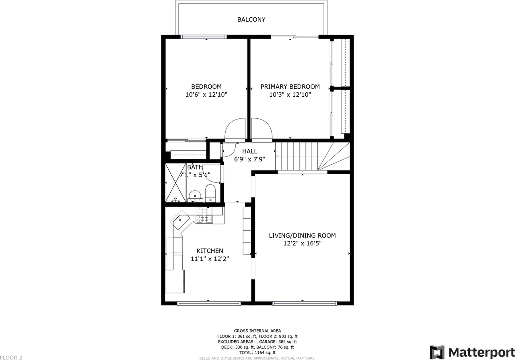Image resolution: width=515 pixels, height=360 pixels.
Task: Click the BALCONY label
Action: point(251,20)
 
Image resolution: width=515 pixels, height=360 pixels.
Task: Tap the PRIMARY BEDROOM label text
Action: point(290,87)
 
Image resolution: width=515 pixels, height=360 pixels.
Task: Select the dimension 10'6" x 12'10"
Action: point(206,95)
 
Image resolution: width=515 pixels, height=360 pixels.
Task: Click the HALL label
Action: point(250,151)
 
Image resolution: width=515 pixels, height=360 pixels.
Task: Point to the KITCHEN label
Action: point(210,250)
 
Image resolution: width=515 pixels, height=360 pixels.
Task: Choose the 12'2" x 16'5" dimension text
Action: point(302,243)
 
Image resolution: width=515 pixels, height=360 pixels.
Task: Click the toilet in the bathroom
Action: point(210,193)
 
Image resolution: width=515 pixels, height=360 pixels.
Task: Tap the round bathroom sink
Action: point(195,196)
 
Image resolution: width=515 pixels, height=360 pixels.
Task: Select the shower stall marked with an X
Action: point(176,183)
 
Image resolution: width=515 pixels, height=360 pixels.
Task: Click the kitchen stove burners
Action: point(204,215)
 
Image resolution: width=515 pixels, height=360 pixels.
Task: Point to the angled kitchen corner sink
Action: point(180,220)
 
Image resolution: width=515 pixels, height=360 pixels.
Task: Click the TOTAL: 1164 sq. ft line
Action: point(257,352)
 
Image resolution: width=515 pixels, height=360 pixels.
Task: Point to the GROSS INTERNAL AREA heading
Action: point(257,331)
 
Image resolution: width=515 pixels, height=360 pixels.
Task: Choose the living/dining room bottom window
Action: point(305,303)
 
